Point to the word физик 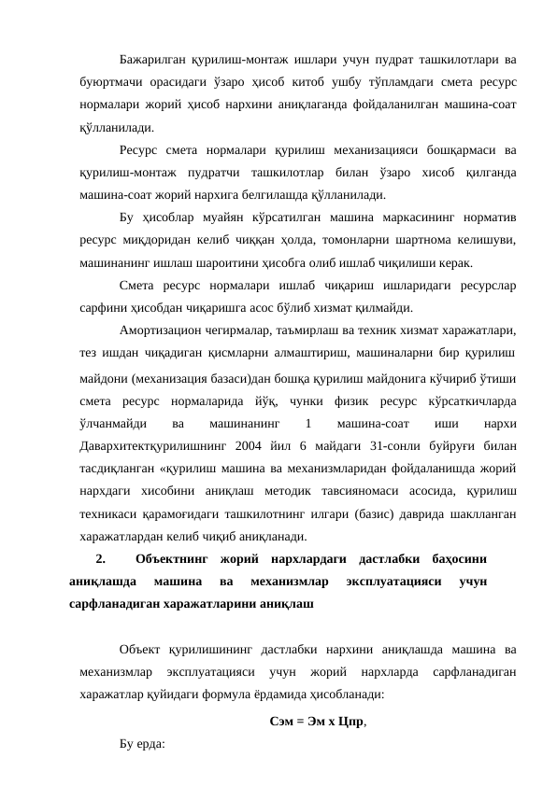(355, 400)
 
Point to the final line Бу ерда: (142, 744)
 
